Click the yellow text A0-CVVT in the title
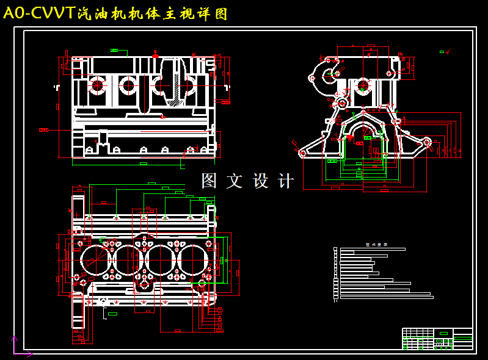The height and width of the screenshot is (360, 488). [x=39, y=13]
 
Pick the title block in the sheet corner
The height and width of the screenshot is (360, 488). [x=437, y=339]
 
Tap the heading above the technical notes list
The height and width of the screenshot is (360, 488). [x=373, y=244]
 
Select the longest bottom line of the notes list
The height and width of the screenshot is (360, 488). [x=386, y=297]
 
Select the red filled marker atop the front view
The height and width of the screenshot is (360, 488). [x=155, y=56]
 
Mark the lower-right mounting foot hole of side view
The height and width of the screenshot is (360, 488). [x=427, y=143]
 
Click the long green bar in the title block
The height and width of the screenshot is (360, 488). [x=462, y=337]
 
